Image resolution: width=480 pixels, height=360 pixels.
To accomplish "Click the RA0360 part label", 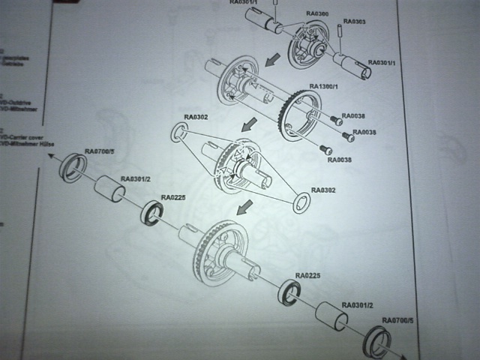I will coord(319,14).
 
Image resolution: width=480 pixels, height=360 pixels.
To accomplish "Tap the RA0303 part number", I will coord(355,22).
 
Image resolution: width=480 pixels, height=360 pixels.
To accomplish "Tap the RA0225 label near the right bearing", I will coord(307,276).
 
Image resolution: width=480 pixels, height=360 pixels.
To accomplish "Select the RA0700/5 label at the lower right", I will coord(394,321).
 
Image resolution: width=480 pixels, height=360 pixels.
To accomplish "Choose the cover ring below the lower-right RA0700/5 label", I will coord(377,341).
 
